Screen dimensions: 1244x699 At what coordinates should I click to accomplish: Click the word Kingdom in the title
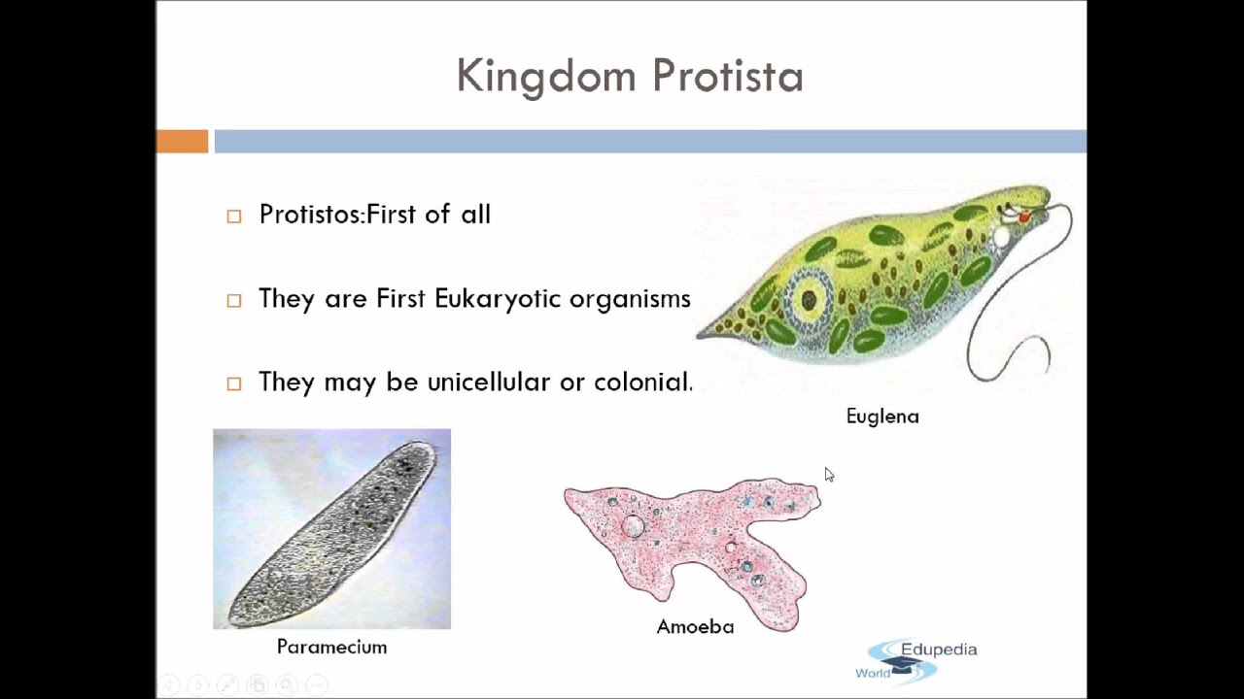pos(546,77)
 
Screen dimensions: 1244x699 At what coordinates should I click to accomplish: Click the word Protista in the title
pos(728,75)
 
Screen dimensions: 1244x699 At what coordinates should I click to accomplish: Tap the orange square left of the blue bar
pos(182,141)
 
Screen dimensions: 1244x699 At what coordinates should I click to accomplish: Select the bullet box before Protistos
pos(234,216)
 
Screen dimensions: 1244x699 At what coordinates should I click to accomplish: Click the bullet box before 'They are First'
pos(234,300)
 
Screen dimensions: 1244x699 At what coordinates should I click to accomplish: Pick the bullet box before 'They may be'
pos(234,383)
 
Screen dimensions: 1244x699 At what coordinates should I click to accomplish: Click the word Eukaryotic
pos(498,300)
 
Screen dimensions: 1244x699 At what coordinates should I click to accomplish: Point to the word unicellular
pos(489,382)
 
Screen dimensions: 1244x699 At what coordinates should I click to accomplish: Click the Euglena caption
pos(882,417)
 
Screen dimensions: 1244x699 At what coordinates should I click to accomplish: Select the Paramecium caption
pos(331,647)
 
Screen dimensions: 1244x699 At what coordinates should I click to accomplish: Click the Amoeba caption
pos(695,627)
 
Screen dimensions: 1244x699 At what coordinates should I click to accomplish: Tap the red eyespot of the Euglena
pos(1024,217)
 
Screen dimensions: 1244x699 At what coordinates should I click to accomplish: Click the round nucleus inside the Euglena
pos(810,300)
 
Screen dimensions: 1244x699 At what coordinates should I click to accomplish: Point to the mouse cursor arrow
pos(829,475)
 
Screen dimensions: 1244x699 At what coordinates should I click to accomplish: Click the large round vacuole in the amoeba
pos(633,525)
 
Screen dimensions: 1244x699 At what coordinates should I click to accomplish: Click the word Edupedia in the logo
pos(939,649)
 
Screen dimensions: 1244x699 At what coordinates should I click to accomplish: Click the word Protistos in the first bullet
pos(310,215)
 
